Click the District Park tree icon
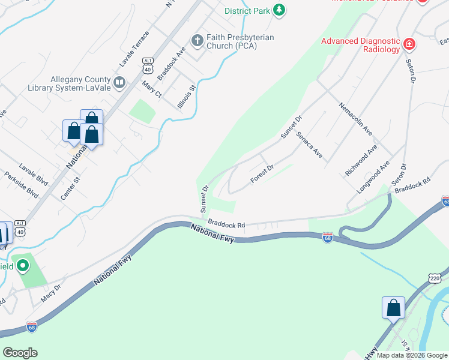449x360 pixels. (279, 10)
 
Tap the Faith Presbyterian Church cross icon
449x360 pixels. (196, 41)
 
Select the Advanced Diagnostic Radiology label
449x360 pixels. (360, 45)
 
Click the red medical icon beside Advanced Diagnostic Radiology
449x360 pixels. (409, 43)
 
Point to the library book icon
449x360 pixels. (119, 82)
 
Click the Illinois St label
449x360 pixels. (186, 96)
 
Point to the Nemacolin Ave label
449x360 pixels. (356, 118)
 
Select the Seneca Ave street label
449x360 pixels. (309, 145)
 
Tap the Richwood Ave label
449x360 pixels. (361, 160)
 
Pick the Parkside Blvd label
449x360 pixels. (21, 186)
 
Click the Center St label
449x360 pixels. (70, 188)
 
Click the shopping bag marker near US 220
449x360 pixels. (393, 308)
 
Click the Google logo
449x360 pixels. (20, 353)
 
